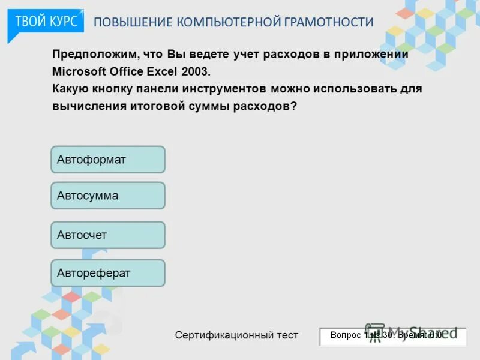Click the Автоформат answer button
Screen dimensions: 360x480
click(107, 160)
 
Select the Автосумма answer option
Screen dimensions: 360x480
click(107, 196)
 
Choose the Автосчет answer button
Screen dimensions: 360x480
click(107, 235)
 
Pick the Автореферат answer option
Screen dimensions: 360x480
click(107, 273)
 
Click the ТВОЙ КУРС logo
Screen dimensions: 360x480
click(46, 22)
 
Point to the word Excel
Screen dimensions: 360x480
click(161, 71)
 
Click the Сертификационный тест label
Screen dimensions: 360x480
click(236, 335)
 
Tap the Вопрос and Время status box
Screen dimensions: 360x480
click(392, 336)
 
